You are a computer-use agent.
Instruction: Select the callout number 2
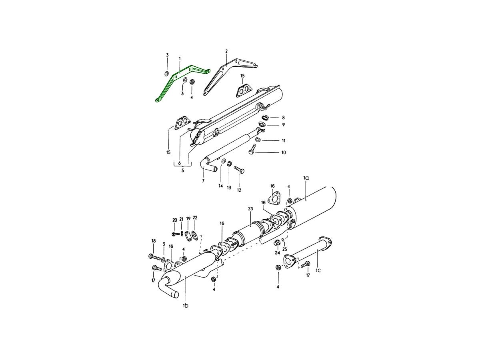pos(226,51)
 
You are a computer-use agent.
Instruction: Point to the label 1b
pos(186,306)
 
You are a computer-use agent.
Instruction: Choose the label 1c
pos(318,270)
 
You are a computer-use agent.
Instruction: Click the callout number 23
pos(250,209)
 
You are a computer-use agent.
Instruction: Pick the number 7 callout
pos(203,181)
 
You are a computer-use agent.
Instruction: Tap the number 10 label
pos(284,152)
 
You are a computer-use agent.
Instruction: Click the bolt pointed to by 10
pos(252,150)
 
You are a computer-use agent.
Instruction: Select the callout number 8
pos(284,118)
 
